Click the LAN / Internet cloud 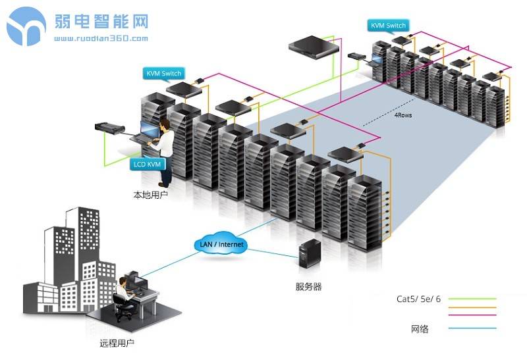221,245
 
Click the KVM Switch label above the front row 163,74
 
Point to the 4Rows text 404,115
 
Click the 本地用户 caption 150,195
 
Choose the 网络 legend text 419,328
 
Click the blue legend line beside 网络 470,328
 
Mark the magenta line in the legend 470,314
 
